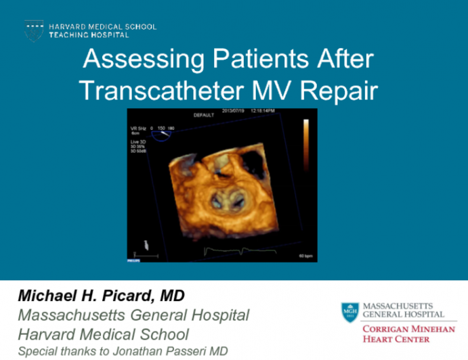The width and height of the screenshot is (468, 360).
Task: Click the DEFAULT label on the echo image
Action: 203,116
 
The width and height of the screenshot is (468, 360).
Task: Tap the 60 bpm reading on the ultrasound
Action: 304,256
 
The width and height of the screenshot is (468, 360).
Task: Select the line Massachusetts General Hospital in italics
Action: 133,315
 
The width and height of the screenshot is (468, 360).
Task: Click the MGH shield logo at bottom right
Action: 349,312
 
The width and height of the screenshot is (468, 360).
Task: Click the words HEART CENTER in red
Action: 397,339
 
